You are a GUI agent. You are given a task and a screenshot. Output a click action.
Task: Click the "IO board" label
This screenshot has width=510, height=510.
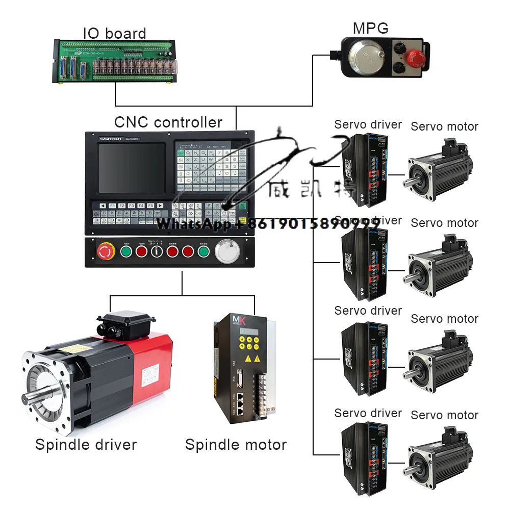(x=115, y=34)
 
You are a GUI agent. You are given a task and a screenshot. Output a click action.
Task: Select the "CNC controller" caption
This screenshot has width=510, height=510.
(x=168, y=122)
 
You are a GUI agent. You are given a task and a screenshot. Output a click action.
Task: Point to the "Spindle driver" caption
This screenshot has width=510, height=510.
(x=86, y=445)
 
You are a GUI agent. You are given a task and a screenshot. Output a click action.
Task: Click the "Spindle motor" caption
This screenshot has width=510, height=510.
(x=236, y=445)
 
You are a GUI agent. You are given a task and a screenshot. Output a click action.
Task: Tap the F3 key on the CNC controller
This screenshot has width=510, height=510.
(x=131, y=206)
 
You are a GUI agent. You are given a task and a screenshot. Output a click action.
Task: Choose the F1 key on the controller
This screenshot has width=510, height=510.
(x=112, y=206)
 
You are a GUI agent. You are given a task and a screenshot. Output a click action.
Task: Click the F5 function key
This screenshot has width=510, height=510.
(x=150, y=206)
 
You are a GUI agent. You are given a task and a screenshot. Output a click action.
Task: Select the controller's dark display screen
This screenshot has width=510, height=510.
(x=132, y=167)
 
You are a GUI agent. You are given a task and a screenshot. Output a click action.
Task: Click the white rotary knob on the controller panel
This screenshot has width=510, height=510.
(x=226, y=251)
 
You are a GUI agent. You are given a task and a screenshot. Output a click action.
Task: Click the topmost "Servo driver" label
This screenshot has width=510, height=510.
(x=368, y=124)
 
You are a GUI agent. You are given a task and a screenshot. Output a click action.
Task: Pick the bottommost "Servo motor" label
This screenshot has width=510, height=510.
(x=444, y=415)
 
